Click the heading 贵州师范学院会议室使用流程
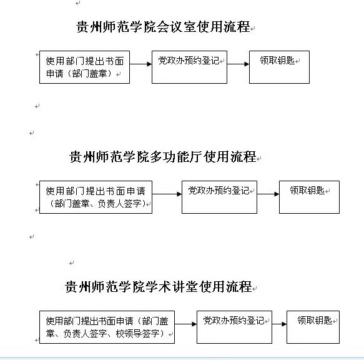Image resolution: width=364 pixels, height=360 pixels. tap(163, 26)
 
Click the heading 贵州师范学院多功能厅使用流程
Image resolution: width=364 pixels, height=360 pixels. tap(163, 156)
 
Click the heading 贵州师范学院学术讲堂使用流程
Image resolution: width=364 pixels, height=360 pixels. tap(159, 286)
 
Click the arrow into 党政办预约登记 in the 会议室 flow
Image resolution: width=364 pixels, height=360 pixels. tap(140, 64)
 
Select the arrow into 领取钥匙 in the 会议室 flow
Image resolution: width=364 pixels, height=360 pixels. tap(238, 64)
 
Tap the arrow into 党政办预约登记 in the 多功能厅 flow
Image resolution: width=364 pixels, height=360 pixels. tap(167, 194)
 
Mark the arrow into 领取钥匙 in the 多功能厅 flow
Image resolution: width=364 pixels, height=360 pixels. tap(268, 194)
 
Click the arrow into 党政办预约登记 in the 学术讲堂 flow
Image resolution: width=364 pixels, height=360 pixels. tap(185, 324)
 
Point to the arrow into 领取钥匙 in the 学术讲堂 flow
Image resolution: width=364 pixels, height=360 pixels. tap(279, 324)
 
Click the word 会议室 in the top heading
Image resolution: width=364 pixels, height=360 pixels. tap(177, 26)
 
